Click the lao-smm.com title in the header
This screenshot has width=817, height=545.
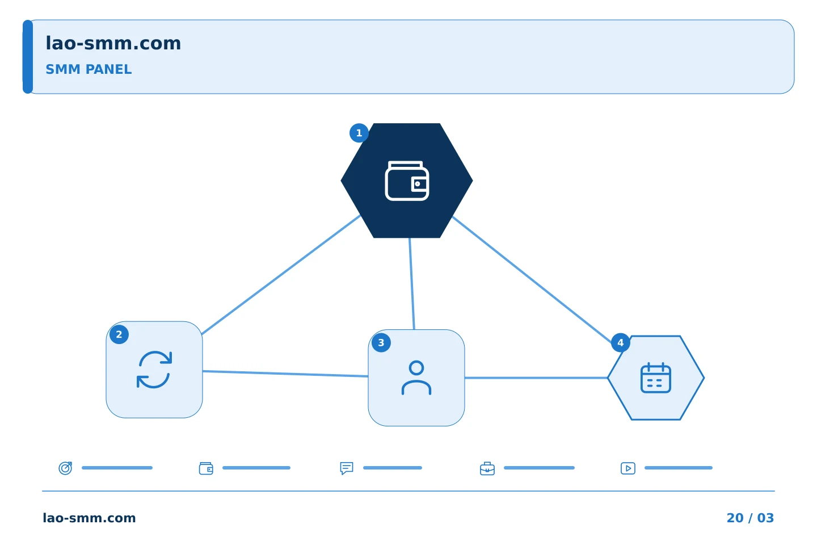(113, 43)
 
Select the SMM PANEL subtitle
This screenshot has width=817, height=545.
(89, 69)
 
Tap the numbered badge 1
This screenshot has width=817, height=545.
(359, 133)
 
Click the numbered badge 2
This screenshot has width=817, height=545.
(119, 334)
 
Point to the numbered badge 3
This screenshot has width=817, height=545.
(381, 343)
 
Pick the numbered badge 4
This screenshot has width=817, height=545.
(621, 343)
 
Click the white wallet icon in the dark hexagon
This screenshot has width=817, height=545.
(407, 181)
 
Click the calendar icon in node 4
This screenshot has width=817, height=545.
(656, 378)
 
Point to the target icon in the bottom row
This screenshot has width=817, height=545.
(66, 468)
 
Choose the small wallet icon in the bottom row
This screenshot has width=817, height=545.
(206, 468)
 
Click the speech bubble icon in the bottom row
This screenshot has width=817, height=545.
(347, 468)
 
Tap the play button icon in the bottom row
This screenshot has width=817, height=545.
(628, 468)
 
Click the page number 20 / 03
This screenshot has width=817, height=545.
(750, 518)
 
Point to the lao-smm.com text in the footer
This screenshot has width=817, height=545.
(89, 518)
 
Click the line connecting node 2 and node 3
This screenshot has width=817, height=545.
(285, 374)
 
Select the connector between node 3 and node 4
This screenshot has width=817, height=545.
(536, 378)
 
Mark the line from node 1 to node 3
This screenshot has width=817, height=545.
(412, 284)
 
